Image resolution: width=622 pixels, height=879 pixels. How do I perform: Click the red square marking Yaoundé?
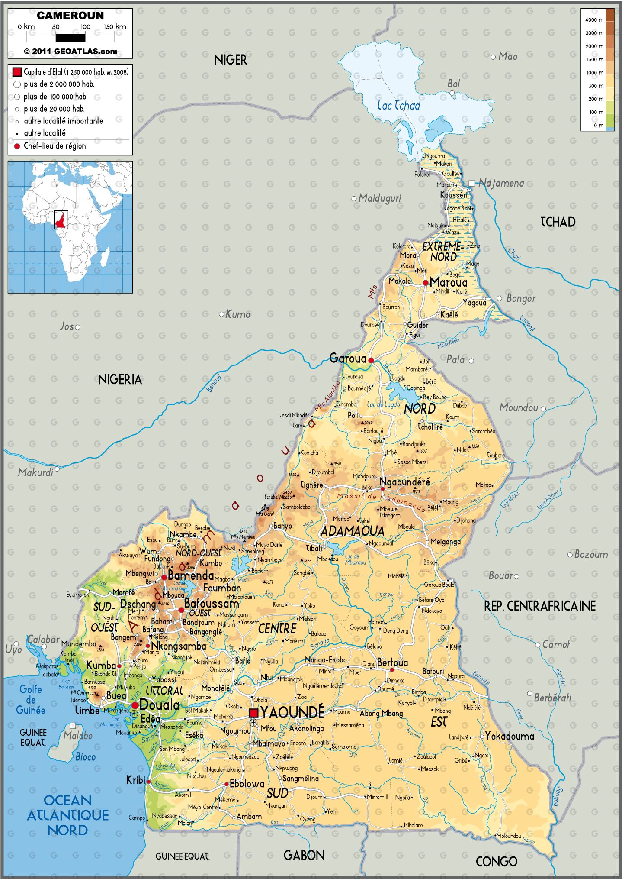254,713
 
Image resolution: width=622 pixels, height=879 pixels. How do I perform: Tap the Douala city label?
159,705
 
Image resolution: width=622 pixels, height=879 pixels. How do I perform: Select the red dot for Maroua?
426,283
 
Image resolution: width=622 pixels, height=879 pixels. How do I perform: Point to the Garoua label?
348,358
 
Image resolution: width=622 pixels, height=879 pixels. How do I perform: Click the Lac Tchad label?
398,105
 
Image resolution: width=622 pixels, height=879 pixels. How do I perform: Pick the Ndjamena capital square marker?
471,183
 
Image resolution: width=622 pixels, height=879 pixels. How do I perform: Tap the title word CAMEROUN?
71,16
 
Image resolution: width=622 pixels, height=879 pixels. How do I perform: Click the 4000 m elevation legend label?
594,20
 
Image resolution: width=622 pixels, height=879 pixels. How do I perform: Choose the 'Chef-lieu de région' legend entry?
55,146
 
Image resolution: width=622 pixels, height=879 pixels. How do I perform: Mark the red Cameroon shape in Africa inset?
61,220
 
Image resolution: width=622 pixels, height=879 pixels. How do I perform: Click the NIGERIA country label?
120,380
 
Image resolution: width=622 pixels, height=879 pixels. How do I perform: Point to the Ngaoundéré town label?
404,482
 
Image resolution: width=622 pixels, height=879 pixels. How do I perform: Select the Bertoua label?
392,662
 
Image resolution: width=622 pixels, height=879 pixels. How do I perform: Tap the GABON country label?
304,855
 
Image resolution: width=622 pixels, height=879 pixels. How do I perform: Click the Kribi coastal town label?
135,780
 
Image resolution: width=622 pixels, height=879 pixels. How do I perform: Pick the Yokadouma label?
510,736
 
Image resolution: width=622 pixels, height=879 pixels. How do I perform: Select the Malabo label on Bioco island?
78,735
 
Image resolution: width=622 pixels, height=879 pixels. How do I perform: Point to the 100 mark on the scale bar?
86,27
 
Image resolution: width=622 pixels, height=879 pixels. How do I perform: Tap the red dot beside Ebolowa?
226,784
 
